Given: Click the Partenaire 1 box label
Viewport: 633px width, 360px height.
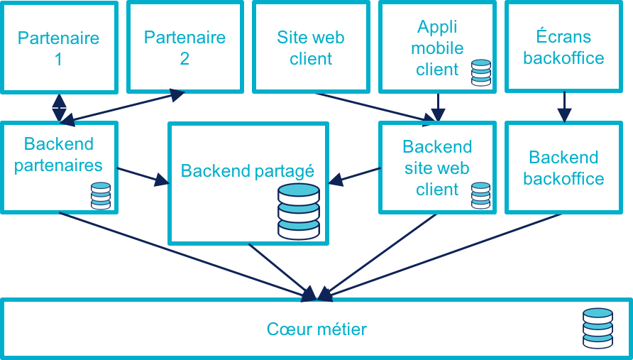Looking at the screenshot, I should [x=58, y=48].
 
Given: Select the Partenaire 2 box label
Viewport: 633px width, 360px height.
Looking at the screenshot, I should [x=185, y=48].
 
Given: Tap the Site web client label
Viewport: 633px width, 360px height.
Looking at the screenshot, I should [x=311, y=48].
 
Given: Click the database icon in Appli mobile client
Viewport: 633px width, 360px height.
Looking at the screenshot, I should [x=480, y=72].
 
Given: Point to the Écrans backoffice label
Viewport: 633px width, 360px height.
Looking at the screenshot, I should [x=563, y=48].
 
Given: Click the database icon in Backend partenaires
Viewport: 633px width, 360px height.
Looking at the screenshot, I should [x=101, y=196].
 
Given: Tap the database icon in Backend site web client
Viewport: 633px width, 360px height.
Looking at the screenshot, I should [x=480, y=196].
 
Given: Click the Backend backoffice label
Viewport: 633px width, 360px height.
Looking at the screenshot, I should [x=563, y=168].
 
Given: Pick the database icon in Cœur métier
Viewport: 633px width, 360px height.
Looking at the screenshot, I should [x=597, y=328].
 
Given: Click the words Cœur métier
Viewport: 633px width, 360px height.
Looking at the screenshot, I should [x=316, y=329].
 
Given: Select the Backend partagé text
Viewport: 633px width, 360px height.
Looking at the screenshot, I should [x=247, y=171].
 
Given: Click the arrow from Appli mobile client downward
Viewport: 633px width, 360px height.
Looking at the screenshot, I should [x=438, y=107].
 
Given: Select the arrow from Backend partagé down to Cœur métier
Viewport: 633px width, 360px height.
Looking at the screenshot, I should [x=280, y=270].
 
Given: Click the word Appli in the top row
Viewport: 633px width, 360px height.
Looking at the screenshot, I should [x=437, y=27].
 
